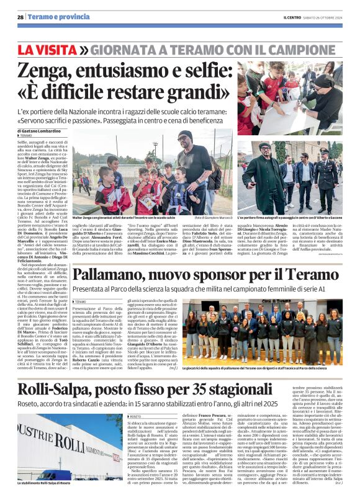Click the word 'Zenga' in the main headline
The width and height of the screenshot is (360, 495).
click(48, 69)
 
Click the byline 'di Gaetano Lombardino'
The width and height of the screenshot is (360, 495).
click(40, 132)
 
